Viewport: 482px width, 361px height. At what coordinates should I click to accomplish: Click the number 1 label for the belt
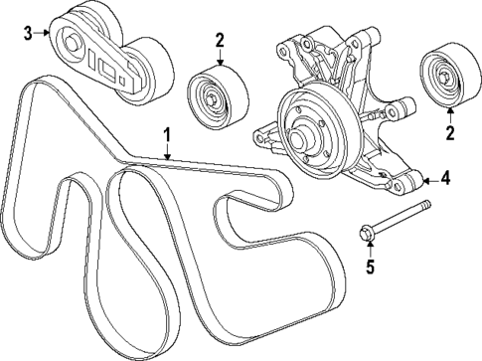[x=167, y=133]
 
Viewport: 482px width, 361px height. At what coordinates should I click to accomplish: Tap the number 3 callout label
[x=28, y=33]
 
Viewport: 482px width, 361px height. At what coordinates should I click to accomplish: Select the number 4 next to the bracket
[x=446, y=179]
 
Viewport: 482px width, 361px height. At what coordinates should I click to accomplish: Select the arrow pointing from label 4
[x=429, y=180]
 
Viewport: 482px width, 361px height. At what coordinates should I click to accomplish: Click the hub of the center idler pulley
[x=211, y=96]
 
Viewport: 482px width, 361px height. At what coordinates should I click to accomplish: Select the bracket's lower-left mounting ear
[x=261, y=131]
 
